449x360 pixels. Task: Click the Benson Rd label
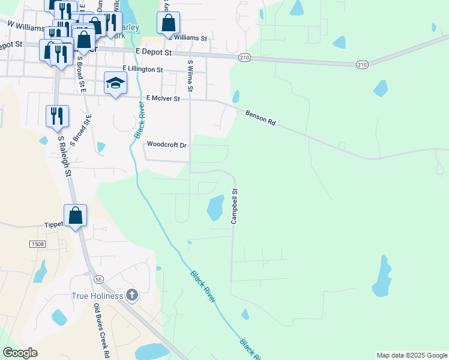click(260, 118)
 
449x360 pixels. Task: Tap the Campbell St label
click(235, 207)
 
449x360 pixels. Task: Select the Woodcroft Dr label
click(167, 145)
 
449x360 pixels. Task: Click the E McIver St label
click(163, 98)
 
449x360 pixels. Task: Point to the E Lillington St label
click(142, 70)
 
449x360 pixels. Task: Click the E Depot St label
click(154, 52)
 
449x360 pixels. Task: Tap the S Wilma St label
click(190, 75)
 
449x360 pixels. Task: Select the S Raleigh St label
click(64, 155)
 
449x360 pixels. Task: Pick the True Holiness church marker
click(132, 295)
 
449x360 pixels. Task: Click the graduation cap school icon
click(115, 83)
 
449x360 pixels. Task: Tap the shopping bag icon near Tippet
click(76, 215)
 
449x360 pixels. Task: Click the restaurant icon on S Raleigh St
click(57, 116)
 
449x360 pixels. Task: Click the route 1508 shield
click(37, 244)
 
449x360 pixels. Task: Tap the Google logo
click(20, 353)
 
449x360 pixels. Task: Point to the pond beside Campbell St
click(215, 209)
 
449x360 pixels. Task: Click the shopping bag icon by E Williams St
click(169, 23)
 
